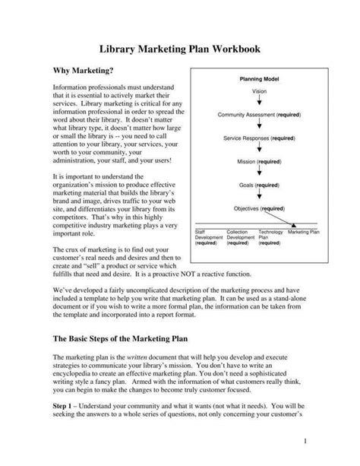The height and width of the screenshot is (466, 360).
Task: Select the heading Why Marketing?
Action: tap(83, 71)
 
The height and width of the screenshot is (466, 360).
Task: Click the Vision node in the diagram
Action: tap(259, 91)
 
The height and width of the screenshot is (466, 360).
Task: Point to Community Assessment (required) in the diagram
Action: tap(259, 115)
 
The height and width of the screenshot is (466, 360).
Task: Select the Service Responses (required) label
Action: tap(259, 138)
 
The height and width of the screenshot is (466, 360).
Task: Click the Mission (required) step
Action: tap(259, 162)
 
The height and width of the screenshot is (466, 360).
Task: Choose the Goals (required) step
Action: tap(259, 185)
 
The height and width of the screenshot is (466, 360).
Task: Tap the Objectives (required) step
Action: tap(259, 208)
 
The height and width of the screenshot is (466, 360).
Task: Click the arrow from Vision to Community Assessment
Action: tap(259, 103)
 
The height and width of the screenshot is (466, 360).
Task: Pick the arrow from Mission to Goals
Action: tap(259, 173)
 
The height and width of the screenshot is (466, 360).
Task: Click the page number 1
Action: tap(326, 441)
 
